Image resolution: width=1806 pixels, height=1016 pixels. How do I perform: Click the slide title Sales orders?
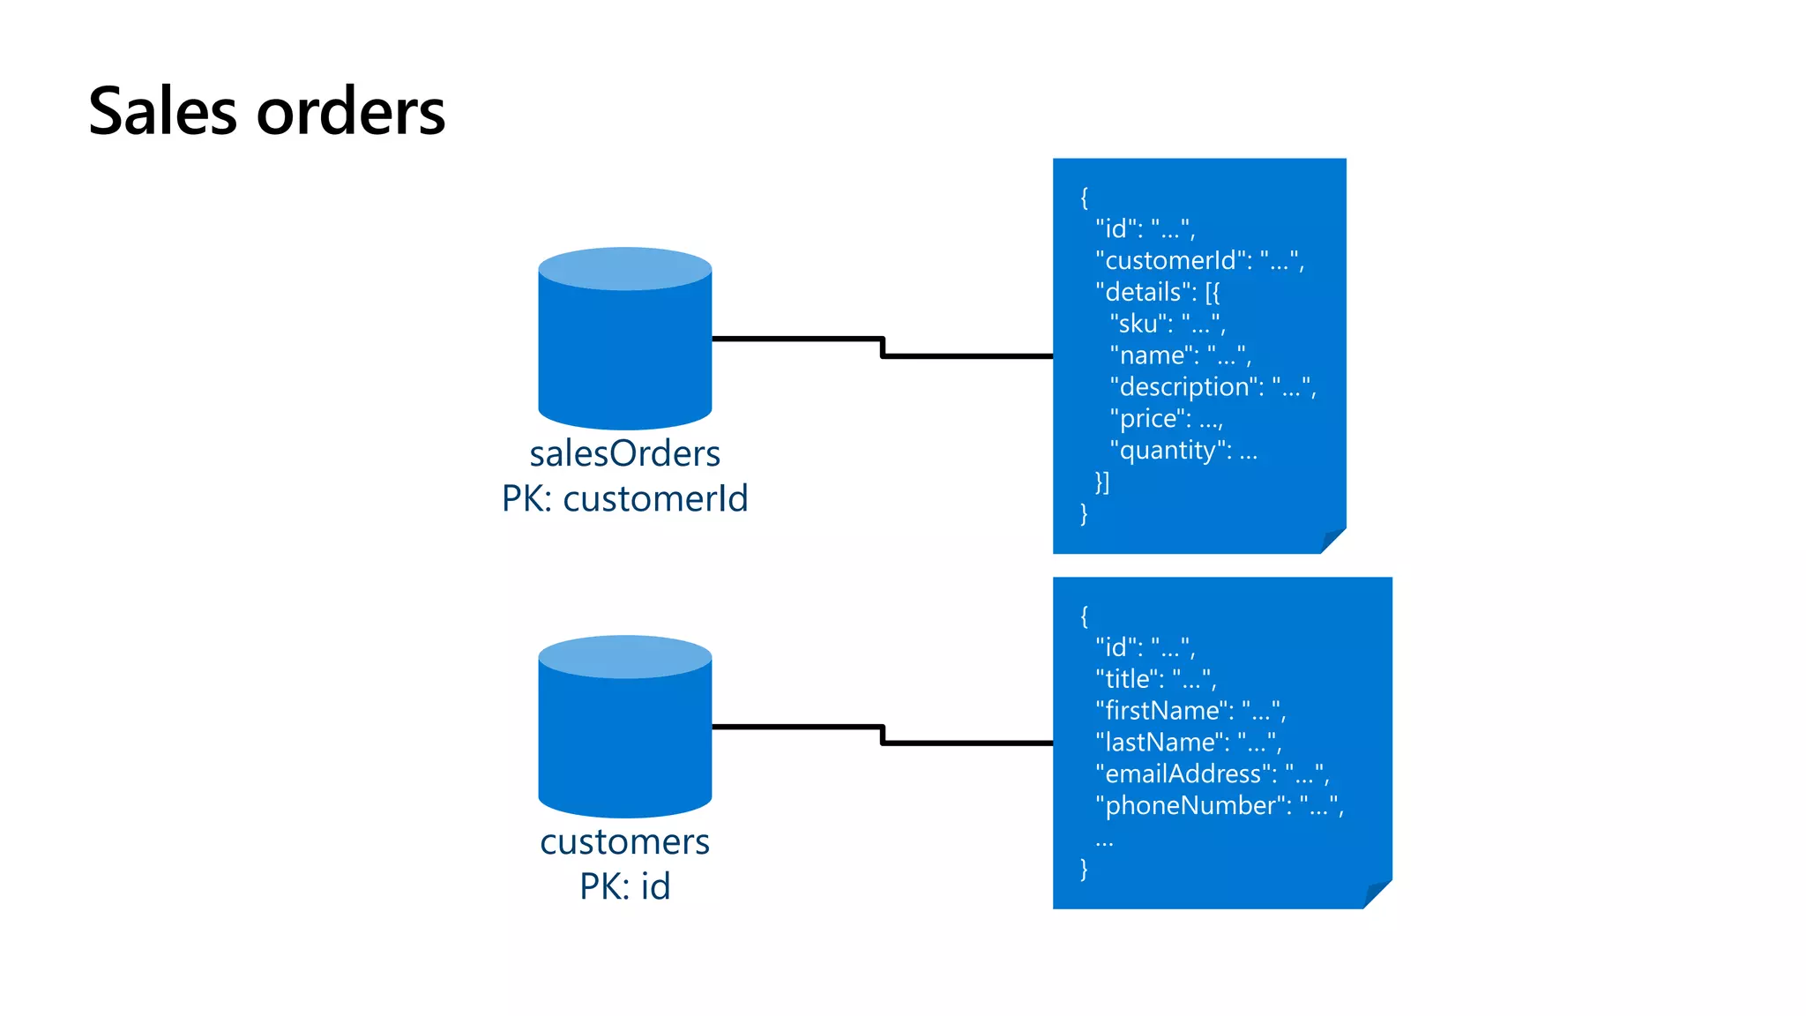(x=266, y=112)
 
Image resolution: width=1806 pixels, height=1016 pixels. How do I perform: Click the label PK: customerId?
(x=624, y=499)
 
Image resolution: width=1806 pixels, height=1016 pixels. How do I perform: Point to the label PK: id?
(x=624, y=886)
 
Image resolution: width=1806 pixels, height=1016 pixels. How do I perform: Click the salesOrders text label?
(x=624, y=454)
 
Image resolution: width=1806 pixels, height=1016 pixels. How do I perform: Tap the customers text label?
(x=624, y=842)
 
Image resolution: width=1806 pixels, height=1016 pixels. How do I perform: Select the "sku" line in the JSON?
(x=1167, y=324)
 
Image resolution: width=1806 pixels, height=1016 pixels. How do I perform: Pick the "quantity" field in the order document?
(x=1183, y=451)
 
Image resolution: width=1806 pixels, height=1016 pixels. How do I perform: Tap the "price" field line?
(x=1165, y=419)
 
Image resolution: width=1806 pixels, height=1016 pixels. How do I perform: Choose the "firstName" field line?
(x=1190, y=711)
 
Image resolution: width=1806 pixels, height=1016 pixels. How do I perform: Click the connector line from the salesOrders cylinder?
(x=882, y=347)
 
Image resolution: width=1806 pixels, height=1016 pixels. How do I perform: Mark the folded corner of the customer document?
(x=1377, y=894)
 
